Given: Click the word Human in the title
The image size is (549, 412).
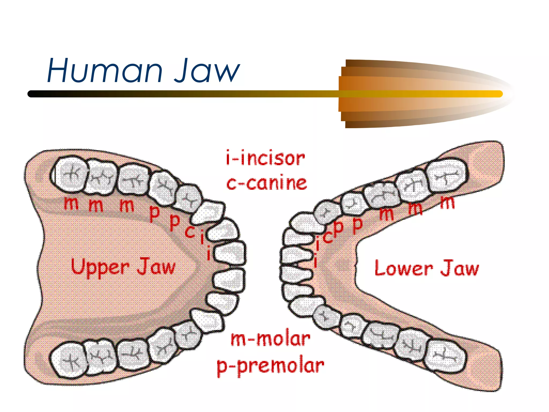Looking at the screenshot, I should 105,71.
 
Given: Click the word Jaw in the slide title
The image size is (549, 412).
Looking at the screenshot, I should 207,71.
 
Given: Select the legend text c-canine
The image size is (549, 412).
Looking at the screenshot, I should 266,183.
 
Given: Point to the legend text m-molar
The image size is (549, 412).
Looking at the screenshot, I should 270,339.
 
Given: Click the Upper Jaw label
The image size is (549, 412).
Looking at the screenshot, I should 123,267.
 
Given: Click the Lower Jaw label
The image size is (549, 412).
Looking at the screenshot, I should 426,268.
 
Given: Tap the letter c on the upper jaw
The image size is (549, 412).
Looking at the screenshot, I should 190,231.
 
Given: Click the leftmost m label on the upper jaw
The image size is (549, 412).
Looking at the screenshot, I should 71,203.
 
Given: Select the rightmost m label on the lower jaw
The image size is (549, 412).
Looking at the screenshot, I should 447,203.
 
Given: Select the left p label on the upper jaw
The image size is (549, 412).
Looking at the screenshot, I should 154,214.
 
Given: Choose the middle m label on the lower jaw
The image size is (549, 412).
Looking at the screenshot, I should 415,208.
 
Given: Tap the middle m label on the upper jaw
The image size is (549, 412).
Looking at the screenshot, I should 96,205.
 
